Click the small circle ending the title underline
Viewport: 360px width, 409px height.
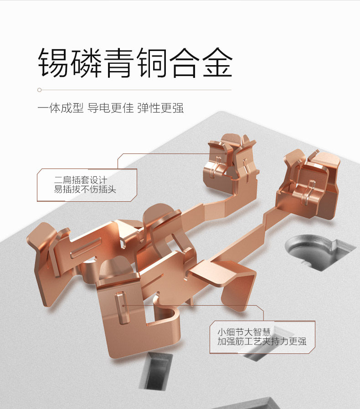[40, 90]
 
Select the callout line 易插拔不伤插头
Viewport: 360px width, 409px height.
[85, 189]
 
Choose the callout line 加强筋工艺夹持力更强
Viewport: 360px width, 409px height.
[262, 341]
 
